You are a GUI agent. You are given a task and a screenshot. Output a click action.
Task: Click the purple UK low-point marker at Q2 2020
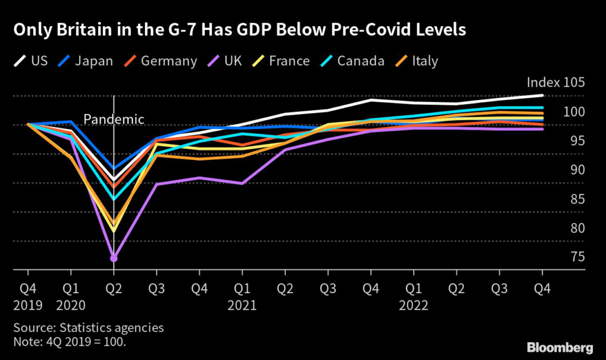[114, 258]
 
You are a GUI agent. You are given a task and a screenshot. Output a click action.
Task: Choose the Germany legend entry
[159, 61]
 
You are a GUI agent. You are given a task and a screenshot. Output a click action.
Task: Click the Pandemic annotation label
[114, 119]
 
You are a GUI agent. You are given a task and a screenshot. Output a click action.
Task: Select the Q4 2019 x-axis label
[27, 297]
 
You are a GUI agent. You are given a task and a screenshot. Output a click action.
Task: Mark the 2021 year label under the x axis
[241, 306]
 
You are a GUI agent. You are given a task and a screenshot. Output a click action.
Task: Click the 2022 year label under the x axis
[414, 306]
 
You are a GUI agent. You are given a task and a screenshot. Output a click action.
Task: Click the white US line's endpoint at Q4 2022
[543, 95]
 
